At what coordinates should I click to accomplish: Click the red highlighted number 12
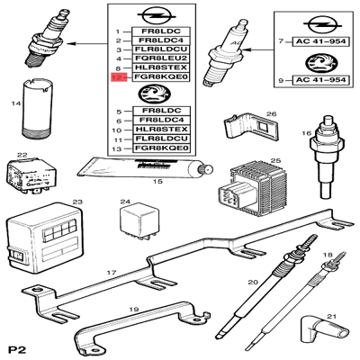click(114, 77)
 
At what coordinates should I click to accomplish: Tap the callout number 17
click(112, 272)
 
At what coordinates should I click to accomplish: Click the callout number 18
click(327, 255)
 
